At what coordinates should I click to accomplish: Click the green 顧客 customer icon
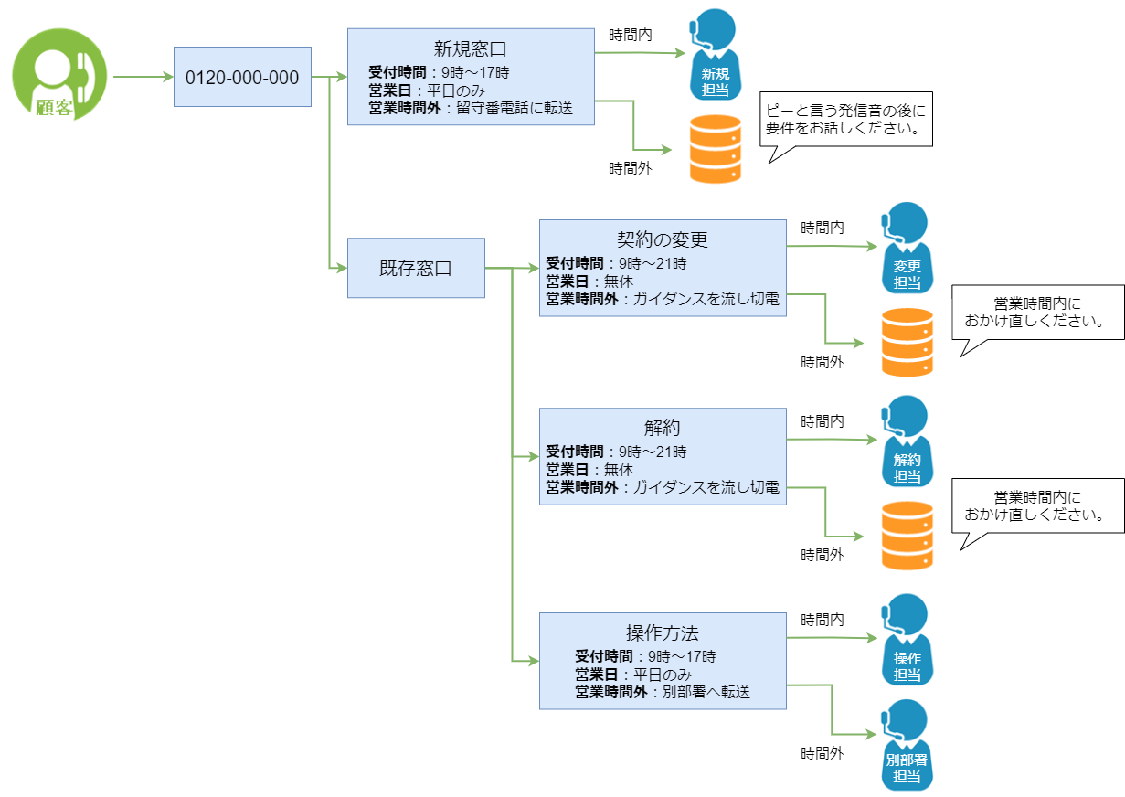(59, 76)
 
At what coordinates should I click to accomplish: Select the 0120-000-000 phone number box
(242, 78)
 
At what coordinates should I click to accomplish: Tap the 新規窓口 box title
(470, 48)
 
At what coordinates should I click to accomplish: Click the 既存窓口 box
(416, 269)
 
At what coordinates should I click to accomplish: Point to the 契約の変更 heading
(663, 240)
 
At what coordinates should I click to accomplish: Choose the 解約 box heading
(663, 429)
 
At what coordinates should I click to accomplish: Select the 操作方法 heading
(663, 633)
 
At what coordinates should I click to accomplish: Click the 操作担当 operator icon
(907, 640)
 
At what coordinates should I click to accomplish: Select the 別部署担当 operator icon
(907, 745)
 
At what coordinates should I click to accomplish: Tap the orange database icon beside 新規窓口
(715, 149)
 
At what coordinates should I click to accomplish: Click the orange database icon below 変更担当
(907, 343)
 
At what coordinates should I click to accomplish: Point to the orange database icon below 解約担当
(907, 536)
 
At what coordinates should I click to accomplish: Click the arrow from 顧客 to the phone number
(143, 78)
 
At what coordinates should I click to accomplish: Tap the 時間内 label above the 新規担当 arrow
(631, 35)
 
